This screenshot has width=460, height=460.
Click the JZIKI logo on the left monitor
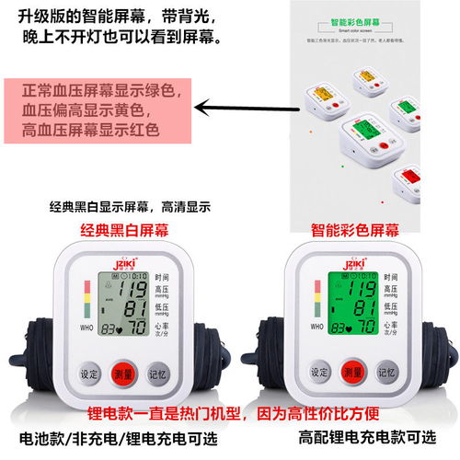pos(121,260)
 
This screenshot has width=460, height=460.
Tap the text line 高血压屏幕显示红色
pos(92,129)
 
